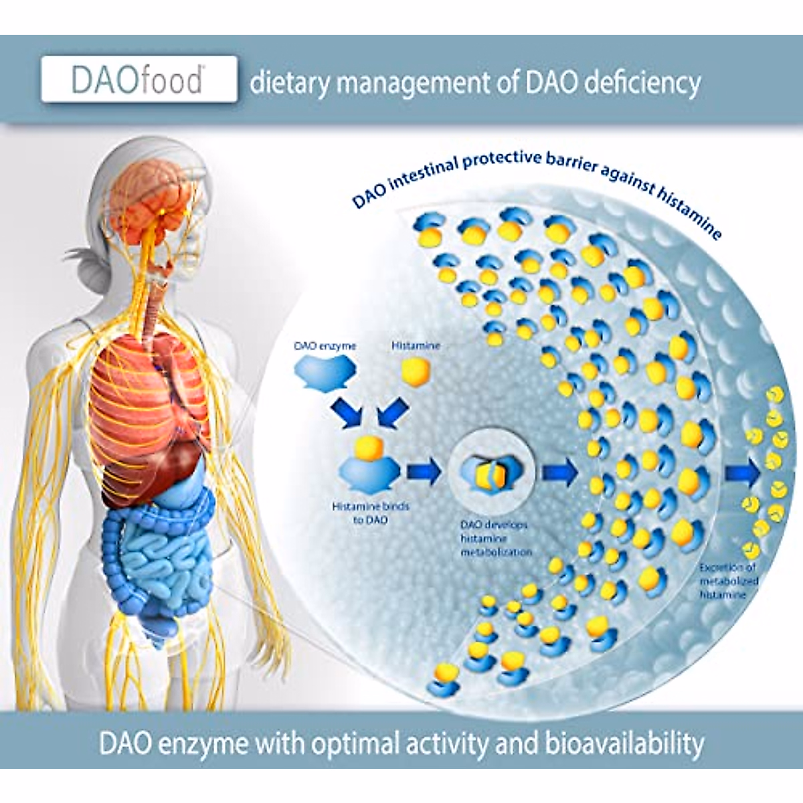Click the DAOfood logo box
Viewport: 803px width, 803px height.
(x=139, y=80)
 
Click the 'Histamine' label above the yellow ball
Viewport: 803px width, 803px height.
(x=416, y=346)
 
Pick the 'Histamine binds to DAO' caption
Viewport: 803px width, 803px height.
(x=370, y=513)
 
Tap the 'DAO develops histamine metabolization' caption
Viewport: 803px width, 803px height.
(x=496, y=539)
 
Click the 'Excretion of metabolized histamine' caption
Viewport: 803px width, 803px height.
(x=728, y=580)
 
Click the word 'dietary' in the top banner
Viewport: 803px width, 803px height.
(x=290, y=84)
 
